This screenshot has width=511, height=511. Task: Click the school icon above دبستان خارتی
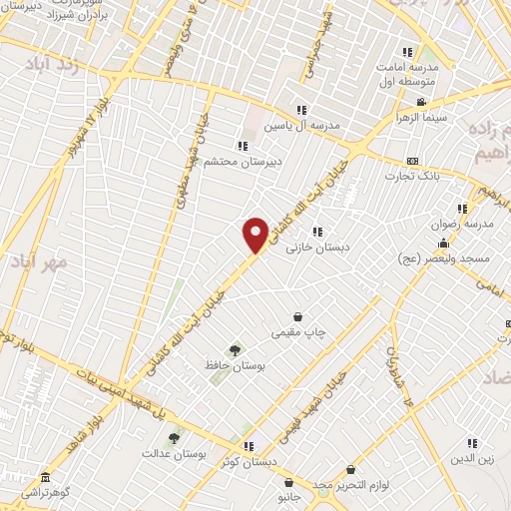(x=317, y=232)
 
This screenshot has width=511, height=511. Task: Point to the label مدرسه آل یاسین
(x=301, y=126)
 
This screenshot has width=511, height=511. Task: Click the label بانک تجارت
(x=413, y=177)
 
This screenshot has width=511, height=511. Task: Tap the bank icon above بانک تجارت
(x=412, y=162)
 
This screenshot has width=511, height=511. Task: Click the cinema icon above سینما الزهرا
(x=421, y=102)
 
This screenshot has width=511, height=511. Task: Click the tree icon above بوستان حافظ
(x=235, y=350)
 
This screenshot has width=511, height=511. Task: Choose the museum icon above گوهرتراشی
(x=43, y=478)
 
